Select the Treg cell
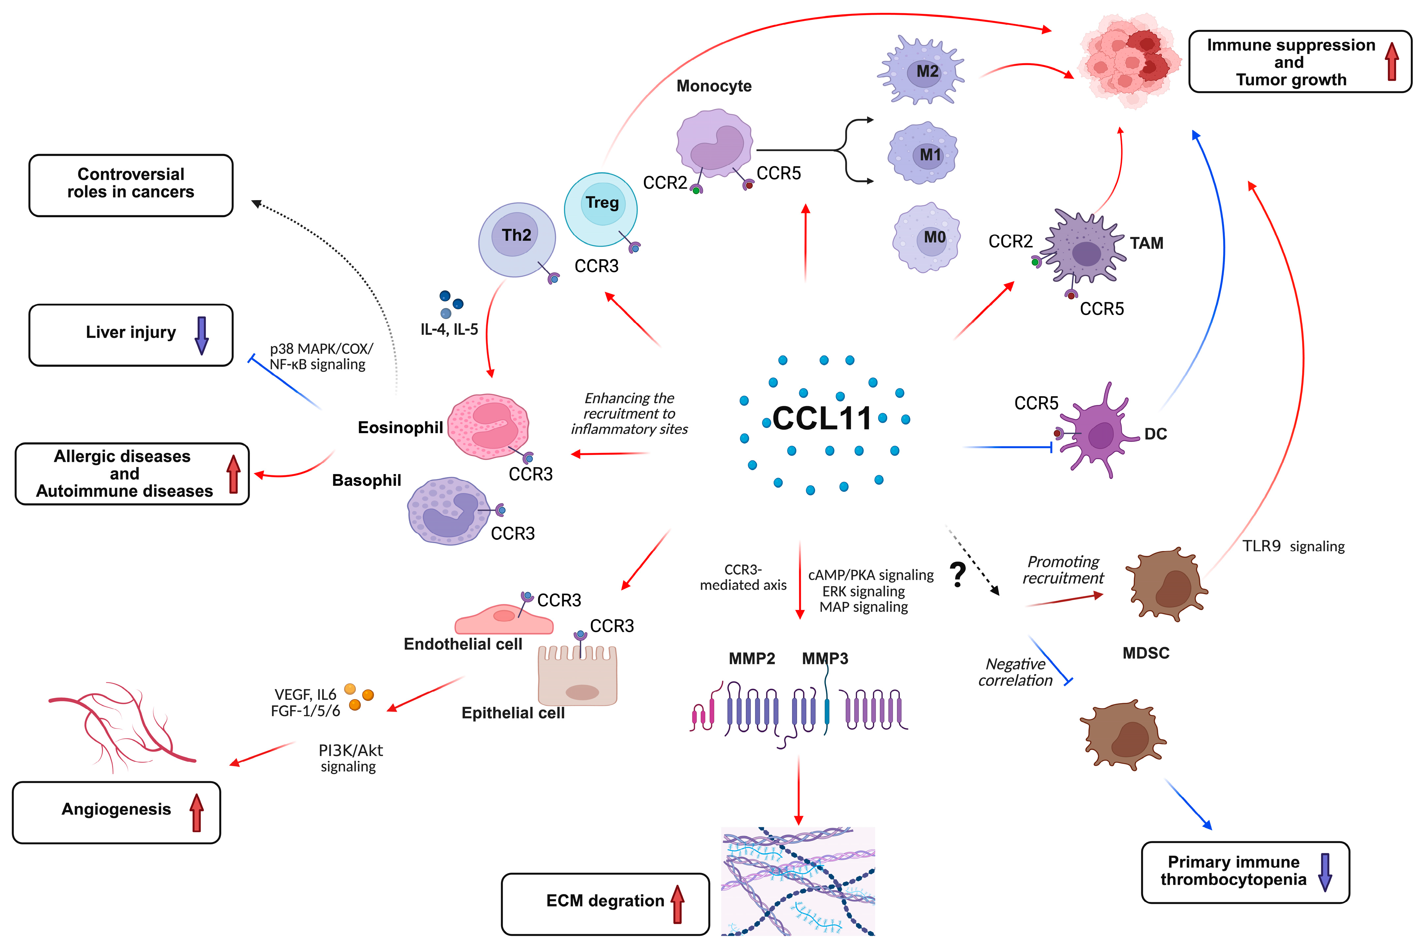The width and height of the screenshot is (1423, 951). point(601,209)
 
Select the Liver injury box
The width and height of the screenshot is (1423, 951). point(130,335)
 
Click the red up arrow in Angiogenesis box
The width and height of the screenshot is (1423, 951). point(196,813)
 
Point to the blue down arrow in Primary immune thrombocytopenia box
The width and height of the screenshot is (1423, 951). point(1325,872)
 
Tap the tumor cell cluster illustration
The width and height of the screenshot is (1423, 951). point(1129,61)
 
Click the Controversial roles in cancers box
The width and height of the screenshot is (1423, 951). point(130,185)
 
